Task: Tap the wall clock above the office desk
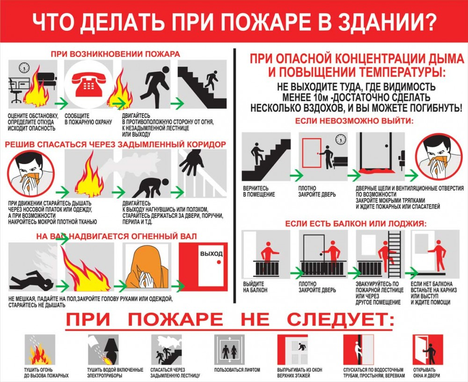(x=24, y=67)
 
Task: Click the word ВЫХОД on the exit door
(x=212, y=254)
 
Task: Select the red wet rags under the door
(x=376, y=171)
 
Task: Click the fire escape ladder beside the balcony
(x=394, y=253)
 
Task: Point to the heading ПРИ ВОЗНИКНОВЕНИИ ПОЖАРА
(x=116, y=54)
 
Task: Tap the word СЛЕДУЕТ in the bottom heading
(x=341, y=319)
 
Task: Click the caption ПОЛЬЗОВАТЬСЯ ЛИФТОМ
(x=237, y=370)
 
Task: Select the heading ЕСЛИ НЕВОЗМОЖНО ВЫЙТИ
(x=355, y=121)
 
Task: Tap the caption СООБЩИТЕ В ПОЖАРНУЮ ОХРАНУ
(x=88, y=119)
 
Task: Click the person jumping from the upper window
(x=301, y=346)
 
